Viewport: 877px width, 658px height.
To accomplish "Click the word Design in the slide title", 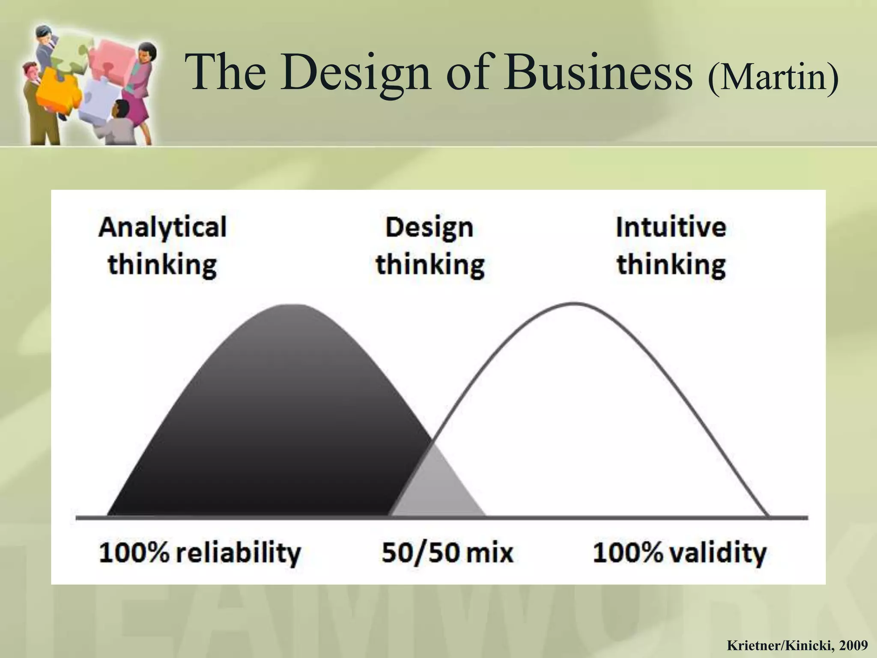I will point(355,73).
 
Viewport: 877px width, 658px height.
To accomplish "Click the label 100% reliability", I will point(200,553).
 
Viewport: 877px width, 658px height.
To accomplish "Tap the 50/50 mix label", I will point(447,553).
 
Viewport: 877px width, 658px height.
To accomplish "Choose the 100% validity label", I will point(680,553).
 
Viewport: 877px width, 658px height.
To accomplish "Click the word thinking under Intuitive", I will point(671,265).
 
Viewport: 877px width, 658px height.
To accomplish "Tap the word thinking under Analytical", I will point(162,265).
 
